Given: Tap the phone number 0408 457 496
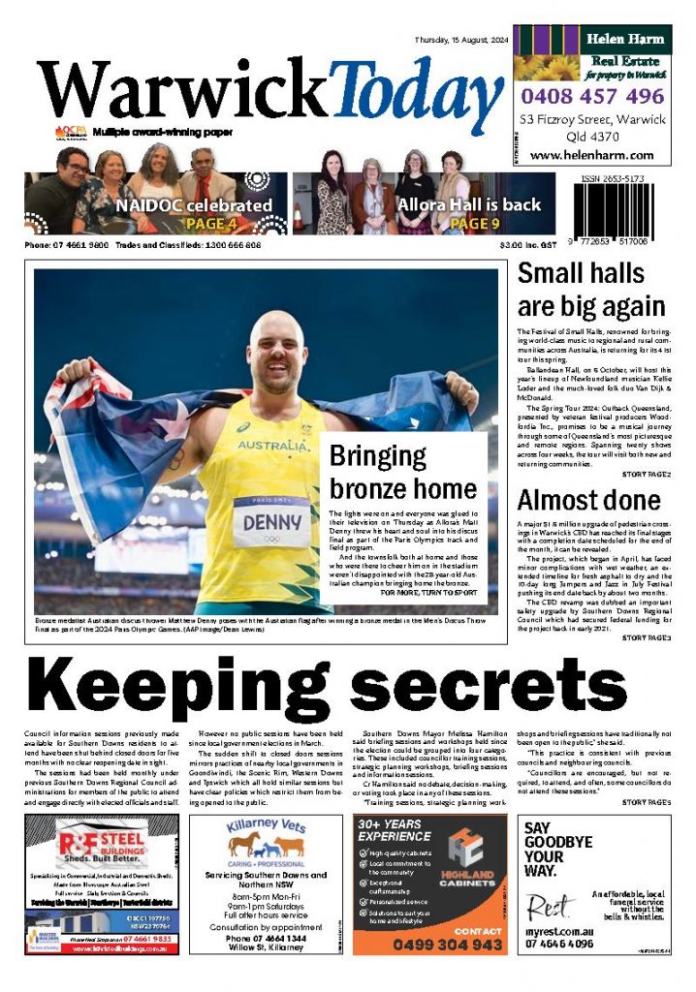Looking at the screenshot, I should coord(590,97).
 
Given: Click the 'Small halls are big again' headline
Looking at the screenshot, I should coord(590,290).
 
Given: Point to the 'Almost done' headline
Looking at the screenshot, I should coord(588,501).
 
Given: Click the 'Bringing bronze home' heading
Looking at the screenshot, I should coord(403,472).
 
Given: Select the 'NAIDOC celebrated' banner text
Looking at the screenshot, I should coord(194,205).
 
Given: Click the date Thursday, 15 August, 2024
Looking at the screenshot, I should coord(459,40).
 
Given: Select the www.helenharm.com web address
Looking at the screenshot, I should coord(591,155).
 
